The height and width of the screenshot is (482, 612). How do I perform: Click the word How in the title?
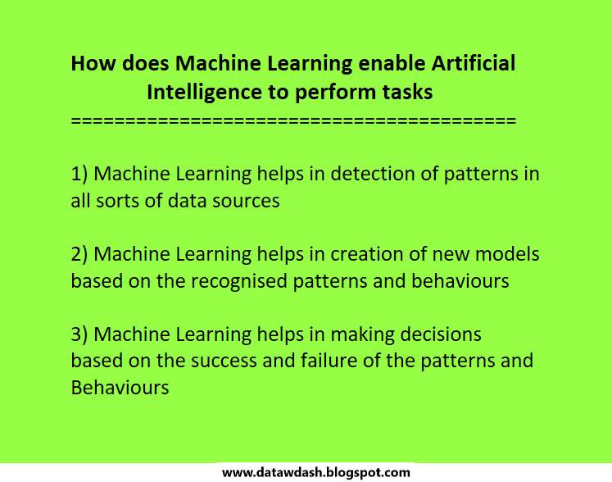click(88, 64)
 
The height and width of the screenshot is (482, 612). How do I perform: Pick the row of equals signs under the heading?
click(293, 121)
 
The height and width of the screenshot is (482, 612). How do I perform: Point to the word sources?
click(243, 201)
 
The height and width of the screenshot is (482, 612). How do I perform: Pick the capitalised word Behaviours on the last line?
click(120, 388)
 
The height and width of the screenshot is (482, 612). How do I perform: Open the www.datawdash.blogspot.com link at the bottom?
click(316, 473)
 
